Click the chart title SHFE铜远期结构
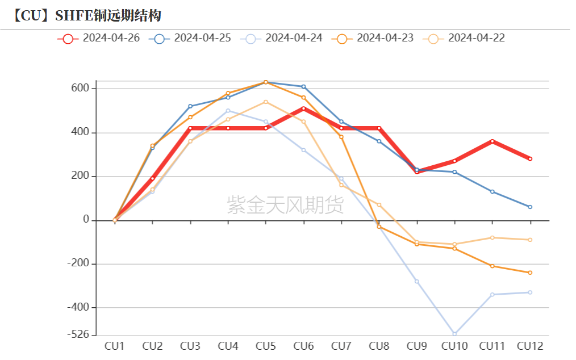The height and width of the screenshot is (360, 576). [x=107, y=15]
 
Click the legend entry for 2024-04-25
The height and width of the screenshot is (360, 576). [x=191, y=39]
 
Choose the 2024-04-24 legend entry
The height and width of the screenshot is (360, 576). [x=282, y=39]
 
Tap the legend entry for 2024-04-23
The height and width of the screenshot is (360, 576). [x=374, y=39]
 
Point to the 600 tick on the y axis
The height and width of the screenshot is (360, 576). [x=80, y=89]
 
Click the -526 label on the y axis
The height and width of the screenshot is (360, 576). [x=78, y=335]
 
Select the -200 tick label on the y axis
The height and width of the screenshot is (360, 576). [x=78, y=264]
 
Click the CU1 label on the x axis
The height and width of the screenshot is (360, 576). [x=115, y=346]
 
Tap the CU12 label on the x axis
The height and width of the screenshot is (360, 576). [x=530, y=346]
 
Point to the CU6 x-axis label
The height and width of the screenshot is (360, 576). [x=303, y=346]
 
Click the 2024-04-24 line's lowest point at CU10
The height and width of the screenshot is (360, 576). [x=454, y=334]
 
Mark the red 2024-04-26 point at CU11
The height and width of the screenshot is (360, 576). [x=492, y=141]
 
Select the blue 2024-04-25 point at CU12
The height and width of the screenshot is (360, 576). [x=530, y=207]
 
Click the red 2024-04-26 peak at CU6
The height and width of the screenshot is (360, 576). [x=303, y=108]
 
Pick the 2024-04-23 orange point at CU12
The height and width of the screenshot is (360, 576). [x=530, y=273]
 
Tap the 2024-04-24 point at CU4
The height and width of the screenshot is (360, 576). [x=228, y=111]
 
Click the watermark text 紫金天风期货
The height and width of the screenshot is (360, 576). [x=285, y=205]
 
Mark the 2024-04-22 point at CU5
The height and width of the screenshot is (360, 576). [x=266, y=102]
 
